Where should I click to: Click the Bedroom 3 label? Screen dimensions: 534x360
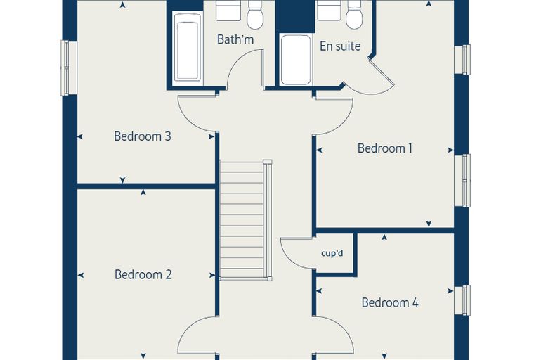pos(143,136)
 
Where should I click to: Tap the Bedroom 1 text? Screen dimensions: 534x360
pos(385,148)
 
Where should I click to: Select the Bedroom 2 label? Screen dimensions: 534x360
pos(143,274)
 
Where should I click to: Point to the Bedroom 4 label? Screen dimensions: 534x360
pos(390,302)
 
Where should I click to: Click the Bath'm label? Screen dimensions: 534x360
pos(235,39)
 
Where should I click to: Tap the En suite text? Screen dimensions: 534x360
pos(340,46)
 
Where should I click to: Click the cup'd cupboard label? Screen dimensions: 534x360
pos(332,254)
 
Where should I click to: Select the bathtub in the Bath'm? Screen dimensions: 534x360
pos(188,49)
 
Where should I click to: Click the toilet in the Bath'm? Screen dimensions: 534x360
pos(256,14)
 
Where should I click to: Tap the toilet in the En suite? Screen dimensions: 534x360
pos(355,14)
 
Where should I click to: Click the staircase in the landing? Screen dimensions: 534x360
pos(245,220)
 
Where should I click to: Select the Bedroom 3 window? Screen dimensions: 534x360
pos(69,67)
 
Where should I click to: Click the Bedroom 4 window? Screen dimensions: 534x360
pos(462,300)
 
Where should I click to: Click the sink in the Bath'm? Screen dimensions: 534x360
pos(228,11)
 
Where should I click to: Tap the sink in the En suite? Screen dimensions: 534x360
pos(329,11)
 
